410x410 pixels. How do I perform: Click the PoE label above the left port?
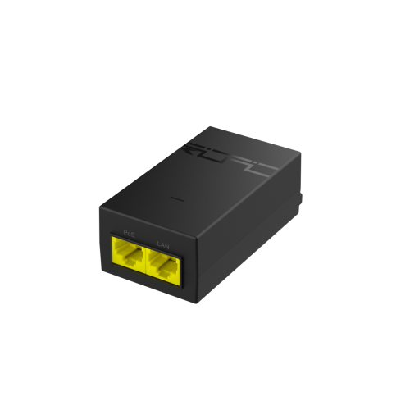(128, 232)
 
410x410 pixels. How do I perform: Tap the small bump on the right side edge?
(303, 198)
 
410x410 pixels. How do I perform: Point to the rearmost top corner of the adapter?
(210, 125)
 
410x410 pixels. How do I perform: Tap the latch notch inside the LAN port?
(163, 271)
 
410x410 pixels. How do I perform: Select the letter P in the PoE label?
(125, 231)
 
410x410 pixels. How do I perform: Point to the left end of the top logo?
(186, 146)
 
